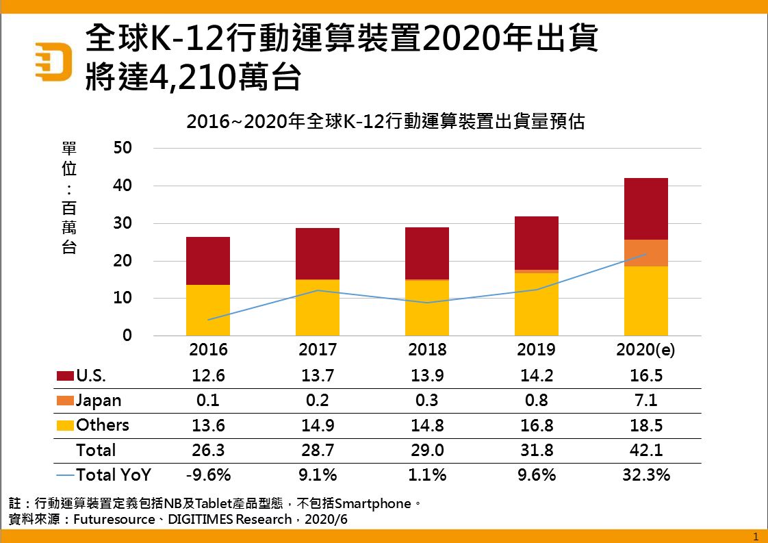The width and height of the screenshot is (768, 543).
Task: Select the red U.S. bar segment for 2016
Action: pos(208,261)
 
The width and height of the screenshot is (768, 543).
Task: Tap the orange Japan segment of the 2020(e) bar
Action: pos(645,253)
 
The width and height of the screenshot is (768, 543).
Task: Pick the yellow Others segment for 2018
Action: pos(427,308)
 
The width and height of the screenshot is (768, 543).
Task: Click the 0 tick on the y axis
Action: pos(127,336)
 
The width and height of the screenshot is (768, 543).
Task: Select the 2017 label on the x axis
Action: pos(318,350)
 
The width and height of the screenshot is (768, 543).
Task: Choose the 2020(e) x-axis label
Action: pos(645,350)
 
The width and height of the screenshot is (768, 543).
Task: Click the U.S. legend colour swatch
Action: pos(65,376)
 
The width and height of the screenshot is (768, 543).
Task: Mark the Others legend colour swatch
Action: pos(65,425)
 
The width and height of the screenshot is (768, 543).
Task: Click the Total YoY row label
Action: pos(114,475)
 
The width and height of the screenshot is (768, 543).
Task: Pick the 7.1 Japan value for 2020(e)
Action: pos(645,401)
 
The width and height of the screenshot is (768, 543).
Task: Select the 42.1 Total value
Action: pos(645,450)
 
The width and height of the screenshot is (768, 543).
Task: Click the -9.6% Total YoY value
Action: pos(208,475)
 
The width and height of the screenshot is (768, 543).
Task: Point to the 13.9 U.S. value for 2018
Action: pos(427,376)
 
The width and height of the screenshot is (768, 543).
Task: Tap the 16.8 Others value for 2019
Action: pos(537,425)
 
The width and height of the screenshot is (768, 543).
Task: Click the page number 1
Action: pos(755,535)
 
